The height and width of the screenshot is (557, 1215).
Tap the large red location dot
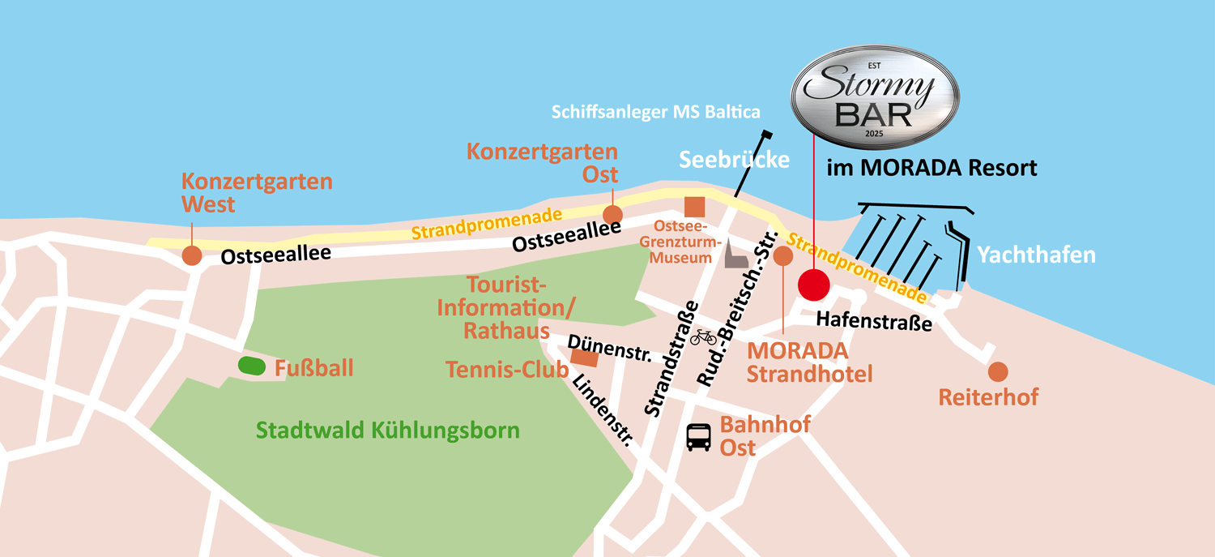813,285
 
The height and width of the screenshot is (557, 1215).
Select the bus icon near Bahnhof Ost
699,438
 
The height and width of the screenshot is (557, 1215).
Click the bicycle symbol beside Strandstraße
702,336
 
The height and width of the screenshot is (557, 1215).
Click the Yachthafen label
1036,255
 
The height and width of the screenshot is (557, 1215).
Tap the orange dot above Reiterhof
998,371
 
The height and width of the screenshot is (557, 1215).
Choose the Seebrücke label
734,160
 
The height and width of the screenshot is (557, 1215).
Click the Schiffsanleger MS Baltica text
656,112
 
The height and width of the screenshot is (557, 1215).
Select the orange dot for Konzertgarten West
191,255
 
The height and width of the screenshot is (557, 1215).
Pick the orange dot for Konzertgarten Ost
612,215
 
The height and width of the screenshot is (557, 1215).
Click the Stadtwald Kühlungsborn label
388,430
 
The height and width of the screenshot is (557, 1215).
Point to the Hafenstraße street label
874,322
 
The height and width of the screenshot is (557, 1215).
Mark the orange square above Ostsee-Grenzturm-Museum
694,208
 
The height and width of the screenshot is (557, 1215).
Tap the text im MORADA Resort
932,169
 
